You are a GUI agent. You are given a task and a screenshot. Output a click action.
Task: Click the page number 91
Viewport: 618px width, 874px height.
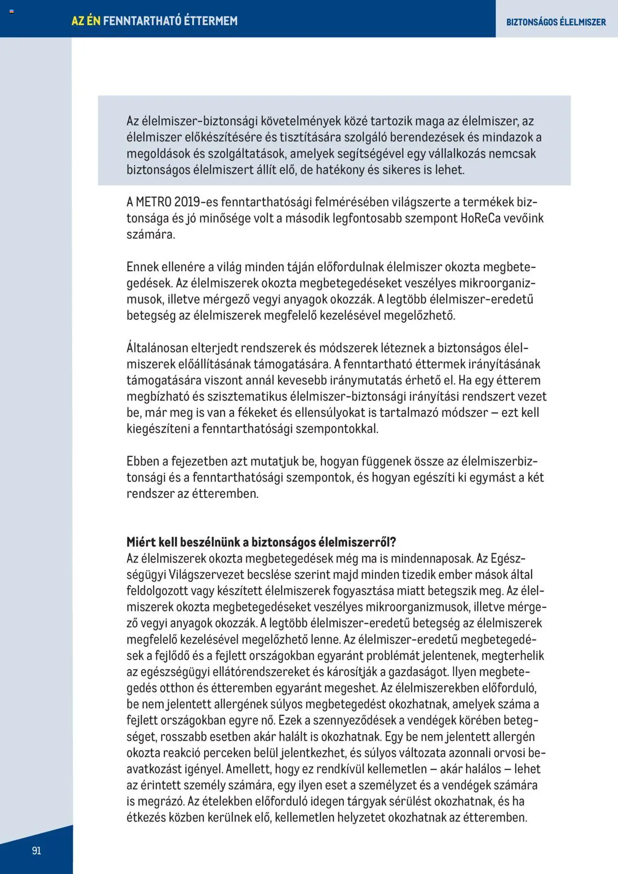pyautogui.click(x=37, y=850)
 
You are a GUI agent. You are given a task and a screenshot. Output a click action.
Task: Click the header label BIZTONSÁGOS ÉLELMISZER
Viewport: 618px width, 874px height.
pyautogui.click(x=556, y=22)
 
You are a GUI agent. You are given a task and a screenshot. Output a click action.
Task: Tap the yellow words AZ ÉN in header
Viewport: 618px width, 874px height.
pyautogui.click(x=86, y=21)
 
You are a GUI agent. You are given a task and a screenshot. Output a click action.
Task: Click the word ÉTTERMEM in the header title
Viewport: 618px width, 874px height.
pyautogui.click(x=211, y=21)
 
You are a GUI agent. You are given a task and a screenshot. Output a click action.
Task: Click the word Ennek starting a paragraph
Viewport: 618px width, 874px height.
pyautogui.click(x=142, y=267)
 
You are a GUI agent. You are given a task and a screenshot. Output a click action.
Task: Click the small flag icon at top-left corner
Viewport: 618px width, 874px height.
pyautogui.click(x=12, y=11)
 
